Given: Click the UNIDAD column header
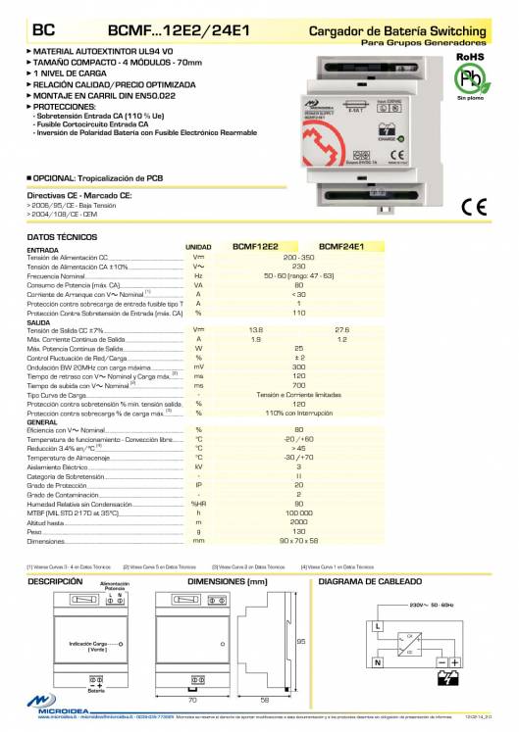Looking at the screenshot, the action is tap(198, 247).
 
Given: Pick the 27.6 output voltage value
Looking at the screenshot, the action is tap(342, 329).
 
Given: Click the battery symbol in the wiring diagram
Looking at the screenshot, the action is tap(447, 677).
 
